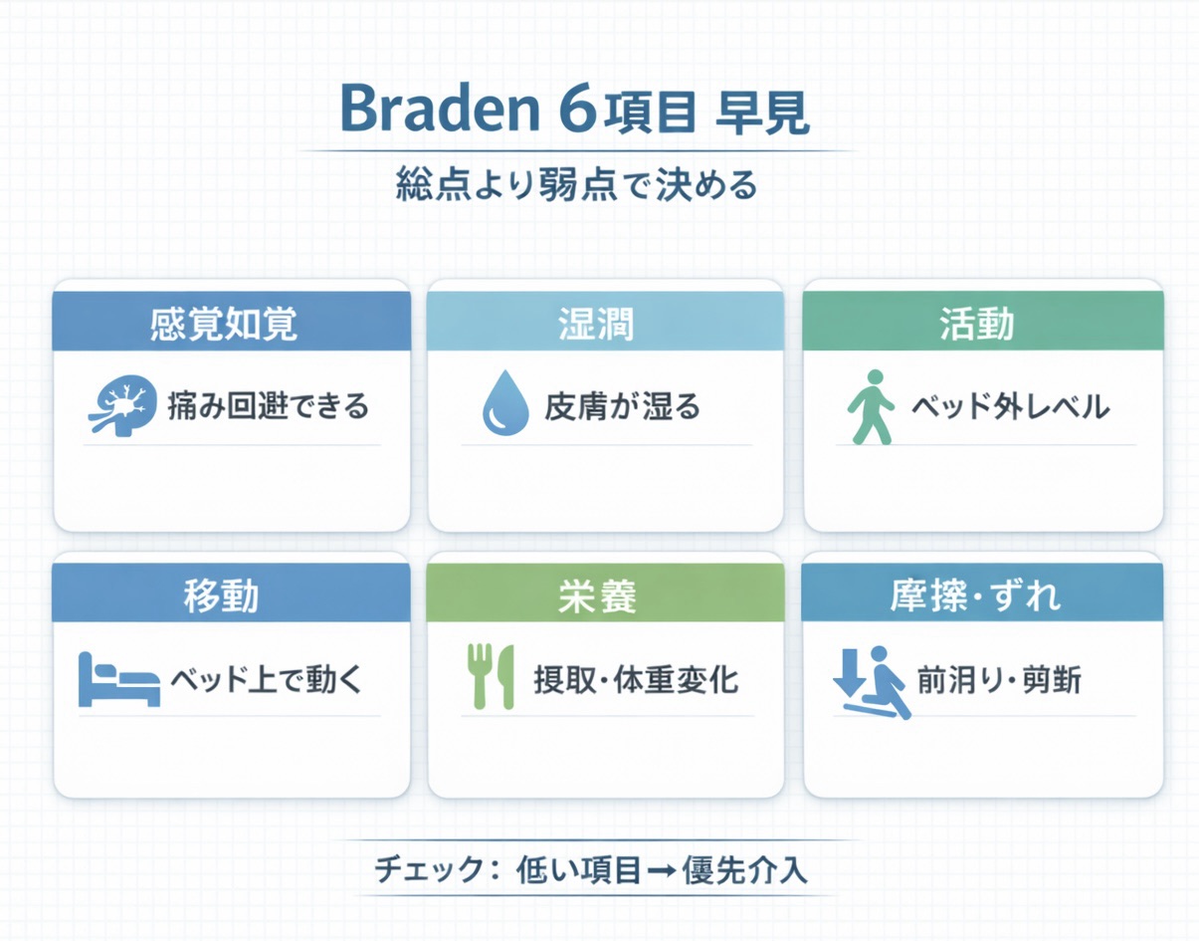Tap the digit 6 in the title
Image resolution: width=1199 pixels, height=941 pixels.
[x=576, y=111]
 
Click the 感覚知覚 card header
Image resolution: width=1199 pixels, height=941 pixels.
[x=231, y=322]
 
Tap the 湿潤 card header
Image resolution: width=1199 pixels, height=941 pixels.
[x=604, y=322]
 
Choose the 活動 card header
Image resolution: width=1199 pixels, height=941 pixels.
[x=982, y=322]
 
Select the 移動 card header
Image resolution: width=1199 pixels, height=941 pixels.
[x=231, y=593]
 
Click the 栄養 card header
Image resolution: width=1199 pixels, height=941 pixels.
[x=604, y=594]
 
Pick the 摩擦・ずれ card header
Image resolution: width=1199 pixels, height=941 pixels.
[x=982, y=593]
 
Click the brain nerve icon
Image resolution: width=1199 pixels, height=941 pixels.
[x=120, y=405]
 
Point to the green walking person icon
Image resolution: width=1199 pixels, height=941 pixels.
[x=869, y=406]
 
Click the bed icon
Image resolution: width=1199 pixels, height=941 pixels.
[x=118, y=680]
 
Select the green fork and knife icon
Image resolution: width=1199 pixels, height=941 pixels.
[x=490, y=677]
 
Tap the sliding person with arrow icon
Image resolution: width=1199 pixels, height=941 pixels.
[x=871, y=681]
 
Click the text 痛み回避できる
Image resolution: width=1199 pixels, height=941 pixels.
[x=268, y=406]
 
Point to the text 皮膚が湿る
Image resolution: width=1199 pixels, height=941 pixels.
[x=622, y=406]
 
